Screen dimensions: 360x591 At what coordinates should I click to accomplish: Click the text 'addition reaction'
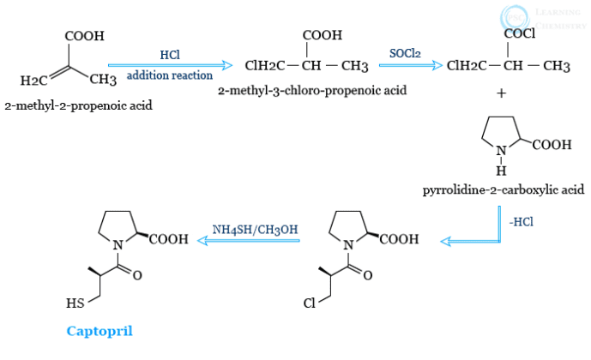(x=170, y=75)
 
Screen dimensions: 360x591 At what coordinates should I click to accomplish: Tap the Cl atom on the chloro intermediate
(x=310, y=303)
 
